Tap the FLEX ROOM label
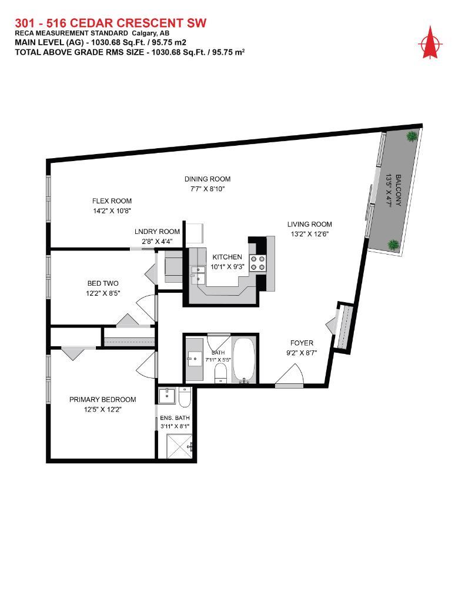pyautogui.click(x=112, y=200)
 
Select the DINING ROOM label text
pyautogui.click(x=207, y=179)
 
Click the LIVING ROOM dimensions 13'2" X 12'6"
pyautogui.click(x=309, y=233)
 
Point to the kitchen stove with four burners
pyautogui.click(x=257, y=263)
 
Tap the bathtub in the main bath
pyautogui.click(x=243, y=359)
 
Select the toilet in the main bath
pyautogui.click(x=220, y=373)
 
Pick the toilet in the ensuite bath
pyautogui.click(x=185, y=399)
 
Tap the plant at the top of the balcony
pyautogui.click(x=412, y=136)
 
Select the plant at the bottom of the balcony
pyautogui.click(x=393, y=244)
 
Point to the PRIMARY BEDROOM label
pyautogui.click(x=102, y=400)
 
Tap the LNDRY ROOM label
pyautogui.click(x=157, y=232)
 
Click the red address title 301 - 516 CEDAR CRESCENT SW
pyautogui.click(x=110, y=23)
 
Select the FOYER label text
pyautogui.click(x=302, y=343)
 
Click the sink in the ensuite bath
pyautogui.click(x=168, y=394)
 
